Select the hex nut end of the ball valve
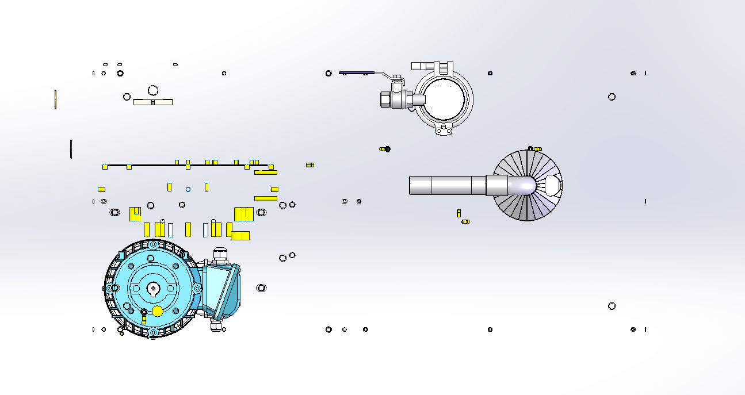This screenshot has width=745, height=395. (x=385, y=99)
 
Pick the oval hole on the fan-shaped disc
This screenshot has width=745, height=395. (x=552, y=185)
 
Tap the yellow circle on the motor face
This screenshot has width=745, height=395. (x=158, y=311)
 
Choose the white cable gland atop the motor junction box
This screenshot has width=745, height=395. (x=220, y=254)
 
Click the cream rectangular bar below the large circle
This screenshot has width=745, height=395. (x=153, y=102)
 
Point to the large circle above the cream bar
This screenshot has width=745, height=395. (x=153, y=90)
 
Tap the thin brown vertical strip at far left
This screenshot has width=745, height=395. (x=55, y=99)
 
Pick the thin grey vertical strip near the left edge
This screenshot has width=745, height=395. (x=71, y=149)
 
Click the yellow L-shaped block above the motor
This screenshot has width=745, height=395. (x=240, y=235)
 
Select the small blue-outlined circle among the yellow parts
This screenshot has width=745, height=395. (x=188, y=189)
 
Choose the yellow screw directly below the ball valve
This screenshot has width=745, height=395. (x=385, y=149)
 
